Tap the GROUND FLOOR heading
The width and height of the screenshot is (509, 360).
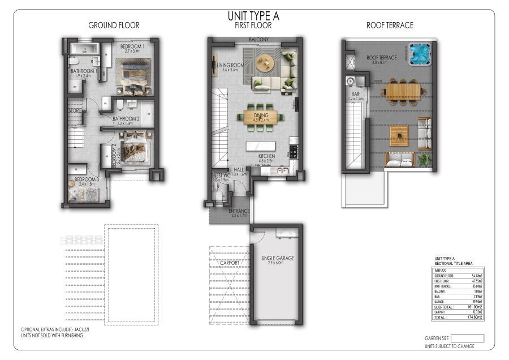[114, 25]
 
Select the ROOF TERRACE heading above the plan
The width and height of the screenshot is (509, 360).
[390, 25]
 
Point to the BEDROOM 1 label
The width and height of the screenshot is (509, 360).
[132, 46]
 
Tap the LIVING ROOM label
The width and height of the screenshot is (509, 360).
[230, 66]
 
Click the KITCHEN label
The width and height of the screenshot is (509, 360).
[266, 156]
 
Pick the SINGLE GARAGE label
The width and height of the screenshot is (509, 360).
[278, 259]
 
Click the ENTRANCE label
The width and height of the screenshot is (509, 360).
[239, 211]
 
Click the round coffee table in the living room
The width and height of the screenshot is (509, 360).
[262, 62]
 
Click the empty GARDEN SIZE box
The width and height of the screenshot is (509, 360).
[468, 338]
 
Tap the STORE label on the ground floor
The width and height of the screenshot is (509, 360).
[75, 111]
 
